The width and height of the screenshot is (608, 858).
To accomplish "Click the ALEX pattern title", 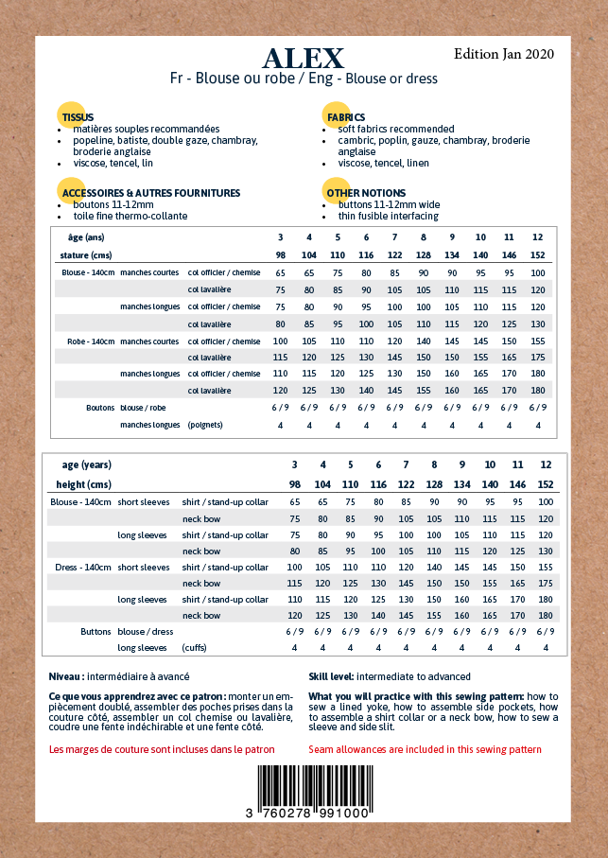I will (x=304, y=59).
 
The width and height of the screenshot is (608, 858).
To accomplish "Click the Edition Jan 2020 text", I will (x=504, y=54).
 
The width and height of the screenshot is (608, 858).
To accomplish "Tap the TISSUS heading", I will (x=78, y=117).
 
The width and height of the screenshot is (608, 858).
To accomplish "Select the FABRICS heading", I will (x=346, y=117).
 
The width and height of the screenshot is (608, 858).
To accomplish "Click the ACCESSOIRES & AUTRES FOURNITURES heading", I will (x=151, y=193).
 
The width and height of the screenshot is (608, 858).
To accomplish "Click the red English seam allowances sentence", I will (x=426, y=749).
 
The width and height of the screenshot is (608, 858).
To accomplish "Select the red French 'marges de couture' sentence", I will (x=162, y=749).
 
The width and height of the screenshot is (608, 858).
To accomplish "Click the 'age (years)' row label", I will (x=87, y=465).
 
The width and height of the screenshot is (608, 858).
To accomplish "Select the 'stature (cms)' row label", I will (x=86, y=255).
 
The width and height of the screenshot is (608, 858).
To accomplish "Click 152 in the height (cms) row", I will (x=546, y=485).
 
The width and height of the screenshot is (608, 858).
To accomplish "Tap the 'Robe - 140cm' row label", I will (x=91, y=341).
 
